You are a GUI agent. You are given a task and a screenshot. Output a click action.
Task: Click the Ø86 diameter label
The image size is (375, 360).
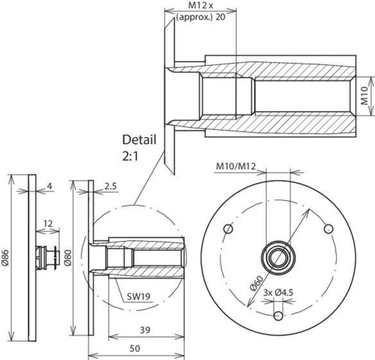(x=5, y=258)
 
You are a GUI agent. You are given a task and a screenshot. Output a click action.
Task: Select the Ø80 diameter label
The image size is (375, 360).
(x=67, y=258)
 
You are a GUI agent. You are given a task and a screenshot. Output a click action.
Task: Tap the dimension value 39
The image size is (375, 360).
(x=145, y=330)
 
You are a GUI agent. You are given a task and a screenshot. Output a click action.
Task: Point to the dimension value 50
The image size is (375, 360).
(x=135, y=348)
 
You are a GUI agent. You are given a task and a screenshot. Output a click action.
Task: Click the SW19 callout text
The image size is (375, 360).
(x=139, y=296)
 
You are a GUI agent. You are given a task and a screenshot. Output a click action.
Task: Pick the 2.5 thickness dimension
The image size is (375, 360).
(x=110, y=186)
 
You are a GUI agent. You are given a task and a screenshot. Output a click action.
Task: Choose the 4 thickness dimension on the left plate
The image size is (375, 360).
(x=49, y=186)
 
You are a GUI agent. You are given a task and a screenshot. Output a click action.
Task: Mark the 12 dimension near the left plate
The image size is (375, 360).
(x=48, y=224)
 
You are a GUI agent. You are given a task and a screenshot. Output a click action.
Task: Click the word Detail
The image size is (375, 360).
(x=139, y=139)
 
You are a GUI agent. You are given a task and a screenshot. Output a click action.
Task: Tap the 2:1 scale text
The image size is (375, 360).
(x=130, y=157)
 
